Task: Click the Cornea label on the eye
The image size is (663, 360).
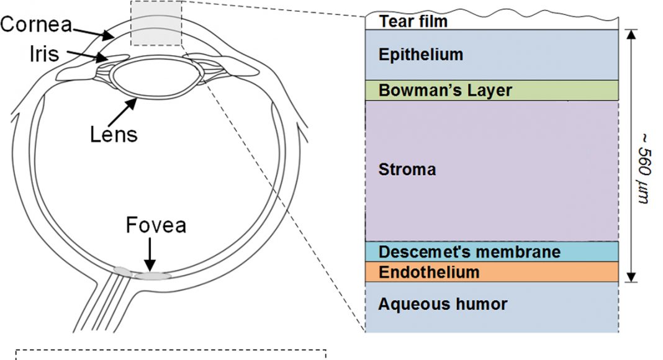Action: click(36, 25)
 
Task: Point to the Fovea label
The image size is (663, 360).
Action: click(156, 225)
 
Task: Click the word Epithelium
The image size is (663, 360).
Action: click(421, 55)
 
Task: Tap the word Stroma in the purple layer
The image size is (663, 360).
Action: click(407, 169)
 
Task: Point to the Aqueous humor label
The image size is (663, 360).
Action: click(443, 304)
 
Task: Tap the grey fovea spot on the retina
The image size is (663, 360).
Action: click(153, 275)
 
